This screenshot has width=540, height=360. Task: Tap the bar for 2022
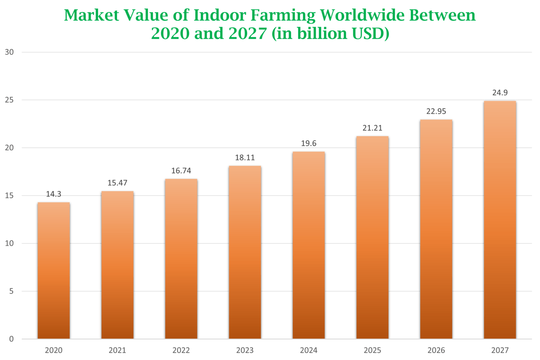coord(181,258)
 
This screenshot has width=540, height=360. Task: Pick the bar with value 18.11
coord(245,252)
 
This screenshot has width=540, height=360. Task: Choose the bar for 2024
coord(308,245)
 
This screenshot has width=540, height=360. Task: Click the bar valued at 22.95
coord(436,229)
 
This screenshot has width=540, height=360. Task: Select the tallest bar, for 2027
coord(500,219)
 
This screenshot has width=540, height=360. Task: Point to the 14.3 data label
coord(54,194)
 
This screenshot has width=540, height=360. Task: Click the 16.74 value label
coord(181,171)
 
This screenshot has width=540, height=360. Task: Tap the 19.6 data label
coord(308,143)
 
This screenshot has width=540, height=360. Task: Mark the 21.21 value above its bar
coord(372,128)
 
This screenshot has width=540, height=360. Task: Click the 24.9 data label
coord(500,93)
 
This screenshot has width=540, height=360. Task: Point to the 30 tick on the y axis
coord(9,52)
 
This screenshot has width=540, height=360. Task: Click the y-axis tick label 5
coord(11,291)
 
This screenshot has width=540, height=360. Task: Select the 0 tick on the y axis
coord(11,339)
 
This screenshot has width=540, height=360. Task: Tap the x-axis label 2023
coord(245,350)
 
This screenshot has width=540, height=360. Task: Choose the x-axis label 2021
coord(117,350)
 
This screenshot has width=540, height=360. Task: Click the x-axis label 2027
coord(500,350)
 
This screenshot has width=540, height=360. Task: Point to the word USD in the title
coord(368,33)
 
